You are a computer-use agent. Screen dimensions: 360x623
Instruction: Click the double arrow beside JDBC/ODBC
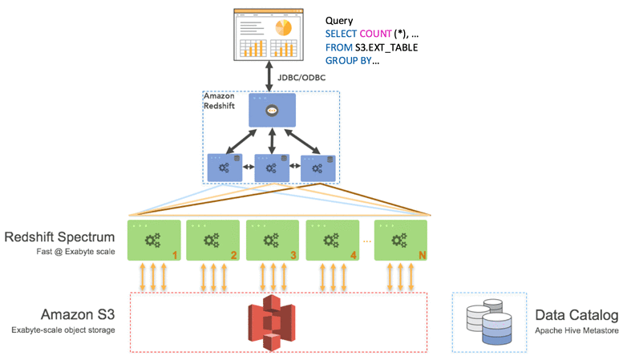[x=271, y=79]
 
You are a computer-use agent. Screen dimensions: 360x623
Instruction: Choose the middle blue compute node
[x=272, y=168]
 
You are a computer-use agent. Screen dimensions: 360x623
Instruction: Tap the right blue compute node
[x=318, y=168]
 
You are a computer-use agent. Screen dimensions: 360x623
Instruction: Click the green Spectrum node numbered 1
[x=152, y=238]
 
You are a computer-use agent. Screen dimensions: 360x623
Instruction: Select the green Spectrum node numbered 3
[x=273, y=238]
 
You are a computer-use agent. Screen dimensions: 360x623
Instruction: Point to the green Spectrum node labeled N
[x=400, y=238]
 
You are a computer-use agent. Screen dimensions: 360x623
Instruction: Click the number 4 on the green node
[x=353, y=255]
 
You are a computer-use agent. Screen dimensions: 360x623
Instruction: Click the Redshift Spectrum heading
[x=61, y=237]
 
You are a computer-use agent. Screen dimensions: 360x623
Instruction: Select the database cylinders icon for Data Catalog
[x=483, y=322]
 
